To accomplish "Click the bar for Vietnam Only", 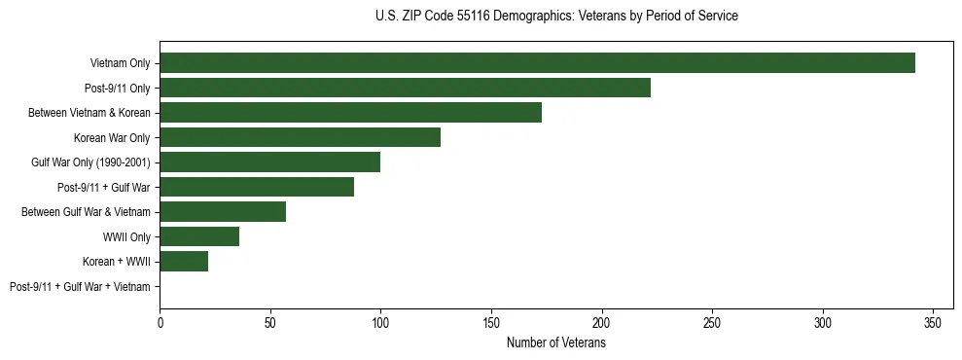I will click(x=537, y=63).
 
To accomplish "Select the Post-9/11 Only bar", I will click(x=405, y=88).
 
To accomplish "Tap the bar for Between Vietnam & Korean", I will click(x=350, y=113).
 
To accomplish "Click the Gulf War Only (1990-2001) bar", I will click(x=269, y=162).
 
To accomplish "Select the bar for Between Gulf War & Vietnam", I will click(x=223, y=212).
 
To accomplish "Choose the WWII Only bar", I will click(x=199, y=236).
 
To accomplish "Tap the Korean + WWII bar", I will click(x=184, y=262).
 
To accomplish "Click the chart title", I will click(x=555, y=17).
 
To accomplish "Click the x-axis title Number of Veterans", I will click(x=555, y=343).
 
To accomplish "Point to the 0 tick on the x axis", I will click(x=160, y=322).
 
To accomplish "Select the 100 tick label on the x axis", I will click(x=380, y=322).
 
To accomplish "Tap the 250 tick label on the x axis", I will click(x=712, y=322).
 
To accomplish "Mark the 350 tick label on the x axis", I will click(x=934, y=322).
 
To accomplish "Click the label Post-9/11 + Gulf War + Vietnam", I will click(x=80, y=287).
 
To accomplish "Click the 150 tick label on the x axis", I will click(x=491, y=322).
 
